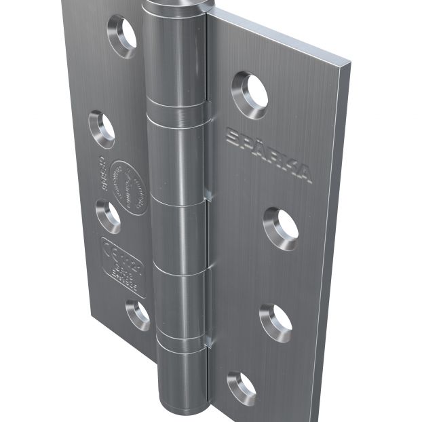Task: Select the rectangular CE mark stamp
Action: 122,267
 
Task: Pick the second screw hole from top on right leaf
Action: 281,227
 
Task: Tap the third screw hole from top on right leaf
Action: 275,322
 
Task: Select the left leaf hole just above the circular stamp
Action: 102,128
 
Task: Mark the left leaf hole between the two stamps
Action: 108,216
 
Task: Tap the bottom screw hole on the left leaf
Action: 138,315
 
